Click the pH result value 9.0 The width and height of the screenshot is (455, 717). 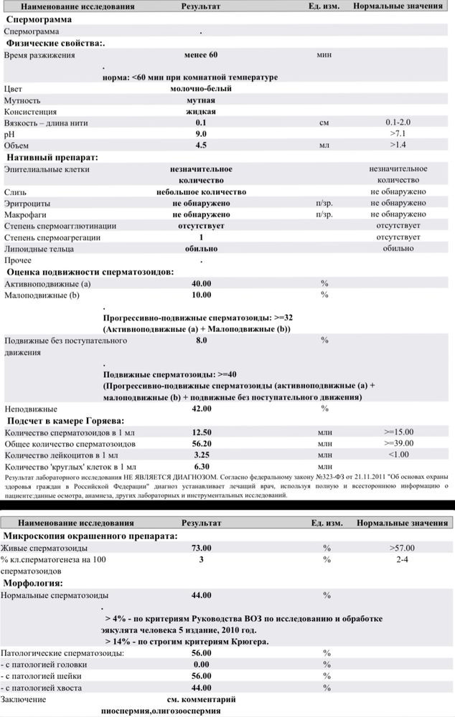point(201,134)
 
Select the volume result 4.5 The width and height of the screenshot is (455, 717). point(201,146)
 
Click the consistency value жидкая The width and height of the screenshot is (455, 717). point(201,112)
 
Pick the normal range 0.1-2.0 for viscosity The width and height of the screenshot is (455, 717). point(398,123)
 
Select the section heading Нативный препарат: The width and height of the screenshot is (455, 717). point(52,157)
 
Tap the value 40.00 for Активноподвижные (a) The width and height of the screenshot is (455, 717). point(201,284)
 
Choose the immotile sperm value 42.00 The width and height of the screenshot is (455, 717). point(201,409)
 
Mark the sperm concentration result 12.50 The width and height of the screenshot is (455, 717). point(201,432)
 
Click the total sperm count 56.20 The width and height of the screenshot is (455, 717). point(201,444)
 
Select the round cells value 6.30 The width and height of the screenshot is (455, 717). point(201,467)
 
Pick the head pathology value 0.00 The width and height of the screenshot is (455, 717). point(201,665)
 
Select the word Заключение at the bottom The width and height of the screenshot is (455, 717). point(24,699)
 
